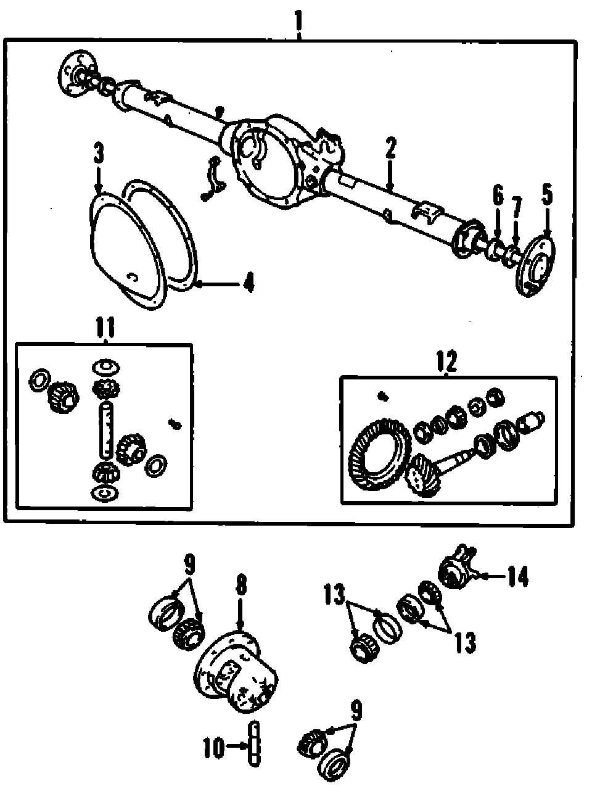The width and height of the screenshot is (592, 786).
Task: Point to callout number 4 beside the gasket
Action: point(248,284)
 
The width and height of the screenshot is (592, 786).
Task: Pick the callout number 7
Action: point(517,208)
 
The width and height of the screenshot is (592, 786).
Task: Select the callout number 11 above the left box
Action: point(105,328)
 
